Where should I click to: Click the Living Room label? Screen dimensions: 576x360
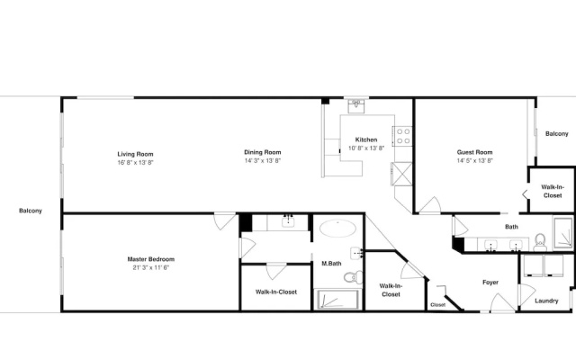click(x=135, y=154)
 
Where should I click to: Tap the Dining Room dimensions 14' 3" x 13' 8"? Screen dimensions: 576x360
click(x=262, y=160)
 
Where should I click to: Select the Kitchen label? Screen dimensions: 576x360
click(x=366, y=139)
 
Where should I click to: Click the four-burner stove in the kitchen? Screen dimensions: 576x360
click(x=403, y=136)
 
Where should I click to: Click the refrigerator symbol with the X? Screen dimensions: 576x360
click(x=402, y=174)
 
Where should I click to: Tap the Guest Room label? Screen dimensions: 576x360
click(x=474, y=152)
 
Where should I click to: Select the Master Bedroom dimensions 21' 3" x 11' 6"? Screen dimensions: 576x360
click(x=151, y=267)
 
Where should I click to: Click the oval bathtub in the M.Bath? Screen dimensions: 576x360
click(x=337, y=229)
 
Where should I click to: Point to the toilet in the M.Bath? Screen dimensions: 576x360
click(x=354, y=277)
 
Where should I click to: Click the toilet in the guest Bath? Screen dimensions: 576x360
click(x=540, y=242)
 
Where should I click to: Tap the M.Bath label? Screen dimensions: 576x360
click(x=331, y=264)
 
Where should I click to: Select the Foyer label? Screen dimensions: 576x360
click(x=490, y=282)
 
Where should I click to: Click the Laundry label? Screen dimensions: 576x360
click(x=546, y=301)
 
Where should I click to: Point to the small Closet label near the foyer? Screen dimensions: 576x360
click(x=438, y=305)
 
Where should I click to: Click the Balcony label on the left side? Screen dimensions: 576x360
click(x=31, y=211)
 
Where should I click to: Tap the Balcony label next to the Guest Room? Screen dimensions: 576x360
click(x=557, y=134)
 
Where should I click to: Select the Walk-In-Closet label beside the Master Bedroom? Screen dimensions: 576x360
click(x=276, y=292)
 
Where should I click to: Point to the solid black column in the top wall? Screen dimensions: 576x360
click(x=326, y=101)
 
